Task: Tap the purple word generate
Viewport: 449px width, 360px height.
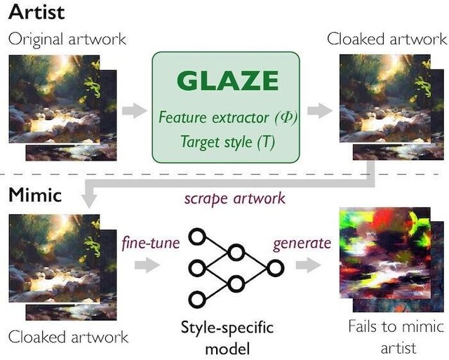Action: (302, 244)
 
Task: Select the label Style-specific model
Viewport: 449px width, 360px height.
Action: (227, 338)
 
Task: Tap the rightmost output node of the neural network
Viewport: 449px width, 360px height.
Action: (276, 267)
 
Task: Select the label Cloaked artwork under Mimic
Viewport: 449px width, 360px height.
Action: (68, 337)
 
